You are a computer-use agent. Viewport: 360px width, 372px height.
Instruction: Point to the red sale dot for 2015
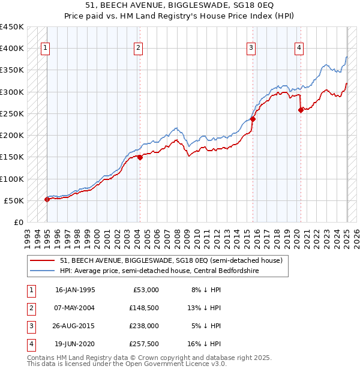pyautogui.click(x=253, y=119)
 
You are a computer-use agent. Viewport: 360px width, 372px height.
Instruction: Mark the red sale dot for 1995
pyautogui.click(x=47, y=199)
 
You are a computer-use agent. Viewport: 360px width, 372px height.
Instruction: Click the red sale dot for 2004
pyautogui.click(x=140, y=158)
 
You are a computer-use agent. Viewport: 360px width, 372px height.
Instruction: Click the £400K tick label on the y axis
pyautogui.click(x=12, y=49)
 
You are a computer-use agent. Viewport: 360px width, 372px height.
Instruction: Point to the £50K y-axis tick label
pyautogui.click(x=14, y=200)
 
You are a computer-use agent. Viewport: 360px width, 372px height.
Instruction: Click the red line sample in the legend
pyautogui.click(x=43, y=260)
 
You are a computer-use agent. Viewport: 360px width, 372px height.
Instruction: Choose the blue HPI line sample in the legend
pyautogui.click(x=43, y=271)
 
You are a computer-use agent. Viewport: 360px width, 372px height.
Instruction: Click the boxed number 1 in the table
pyautogui.click(x=31, y=289)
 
